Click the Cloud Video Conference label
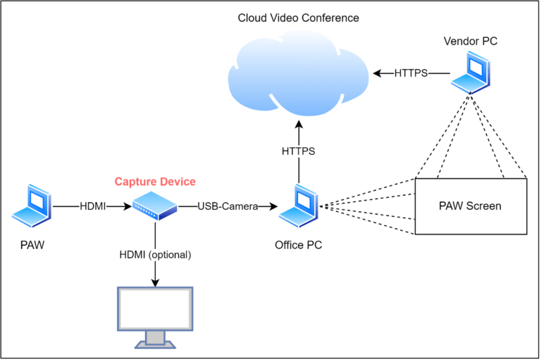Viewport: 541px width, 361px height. coord(298,18)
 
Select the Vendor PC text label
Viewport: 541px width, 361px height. coord(470,41)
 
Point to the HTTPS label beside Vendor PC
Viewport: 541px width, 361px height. coord(411,73)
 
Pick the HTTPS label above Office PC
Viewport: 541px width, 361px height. coord(298,151)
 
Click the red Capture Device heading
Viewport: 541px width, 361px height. coord(155,182)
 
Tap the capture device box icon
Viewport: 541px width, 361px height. coord(155,205)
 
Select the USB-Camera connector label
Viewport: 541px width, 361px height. coord(228,206)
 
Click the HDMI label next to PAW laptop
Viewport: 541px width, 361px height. coord(93,206)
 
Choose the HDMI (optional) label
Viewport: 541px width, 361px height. coord(155,255)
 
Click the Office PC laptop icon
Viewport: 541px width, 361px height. coord(298,207)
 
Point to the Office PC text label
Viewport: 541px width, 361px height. coord(298,245)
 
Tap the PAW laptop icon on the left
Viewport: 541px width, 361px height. coord(31,207)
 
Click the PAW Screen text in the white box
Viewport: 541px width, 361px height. coord(470,206)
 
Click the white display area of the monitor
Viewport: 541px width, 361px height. coord(155,308)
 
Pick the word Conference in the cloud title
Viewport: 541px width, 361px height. coord(330,18)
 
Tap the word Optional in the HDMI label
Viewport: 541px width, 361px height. coord(170,255)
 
